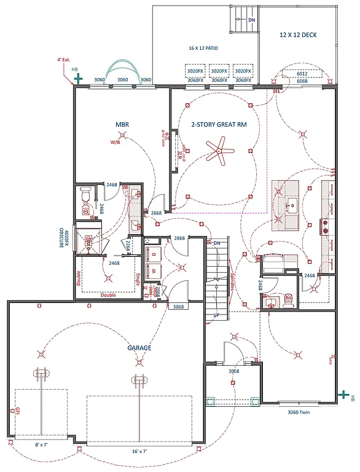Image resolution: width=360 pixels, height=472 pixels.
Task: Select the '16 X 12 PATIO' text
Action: [203, 48]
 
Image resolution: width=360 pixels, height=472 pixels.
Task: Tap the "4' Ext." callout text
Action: [65, 60]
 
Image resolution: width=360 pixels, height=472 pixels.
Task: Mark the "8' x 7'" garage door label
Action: [41, 444]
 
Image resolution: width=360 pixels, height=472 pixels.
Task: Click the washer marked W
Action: [154, 269]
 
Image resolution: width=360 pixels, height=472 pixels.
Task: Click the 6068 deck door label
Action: [302, 81]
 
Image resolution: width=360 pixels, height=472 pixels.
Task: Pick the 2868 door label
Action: [179, 238]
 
